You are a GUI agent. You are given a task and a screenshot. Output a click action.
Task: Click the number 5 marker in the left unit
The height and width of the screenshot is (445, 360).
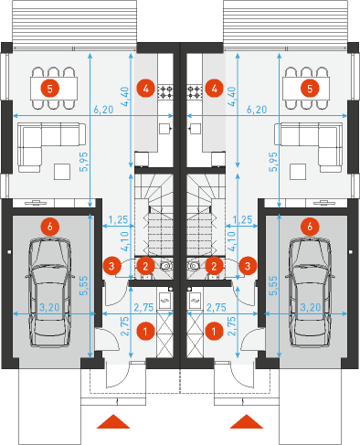click(x=50, y=89)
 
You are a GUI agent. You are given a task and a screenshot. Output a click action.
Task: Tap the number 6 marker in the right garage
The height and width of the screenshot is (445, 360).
click(x=310, y=227)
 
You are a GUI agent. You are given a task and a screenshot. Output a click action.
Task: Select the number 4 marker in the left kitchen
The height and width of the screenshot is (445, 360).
click(x=145, y=89)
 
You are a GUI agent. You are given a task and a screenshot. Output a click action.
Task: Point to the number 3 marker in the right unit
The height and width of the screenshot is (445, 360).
click(x=248, y=266)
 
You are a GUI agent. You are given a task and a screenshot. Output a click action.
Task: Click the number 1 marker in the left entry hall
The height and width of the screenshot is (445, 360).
click(x=145, y=331)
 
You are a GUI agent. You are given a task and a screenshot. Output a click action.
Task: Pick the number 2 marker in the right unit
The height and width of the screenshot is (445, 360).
click(x=214, y=266)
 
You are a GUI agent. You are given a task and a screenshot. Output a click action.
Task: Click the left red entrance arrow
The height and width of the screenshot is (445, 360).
click(x=113, y=421)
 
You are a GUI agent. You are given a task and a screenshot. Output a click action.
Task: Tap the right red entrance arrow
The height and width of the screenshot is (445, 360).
click(x=247, y=421)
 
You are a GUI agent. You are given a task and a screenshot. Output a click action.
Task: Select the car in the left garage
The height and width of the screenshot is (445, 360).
click(x=49, y=292)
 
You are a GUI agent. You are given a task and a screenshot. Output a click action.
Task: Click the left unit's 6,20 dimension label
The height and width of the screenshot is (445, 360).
click(x=103, y=110)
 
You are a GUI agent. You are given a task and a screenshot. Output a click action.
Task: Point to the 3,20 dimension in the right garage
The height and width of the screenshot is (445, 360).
click(x=311, y=307)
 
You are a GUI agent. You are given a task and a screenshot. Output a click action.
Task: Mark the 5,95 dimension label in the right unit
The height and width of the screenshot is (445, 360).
click(x=273, y=162)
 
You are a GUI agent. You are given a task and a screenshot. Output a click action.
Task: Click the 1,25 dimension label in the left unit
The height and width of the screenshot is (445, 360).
click(x=118, y=219)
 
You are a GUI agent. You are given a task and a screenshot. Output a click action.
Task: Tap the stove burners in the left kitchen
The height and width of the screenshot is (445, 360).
click(x=165, y=91)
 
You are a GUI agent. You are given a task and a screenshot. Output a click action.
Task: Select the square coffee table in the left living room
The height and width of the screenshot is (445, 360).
click(x=62, y=172)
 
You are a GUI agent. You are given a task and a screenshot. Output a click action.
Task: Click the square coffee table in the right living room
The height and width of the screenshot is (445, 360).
click(x=298, y=172)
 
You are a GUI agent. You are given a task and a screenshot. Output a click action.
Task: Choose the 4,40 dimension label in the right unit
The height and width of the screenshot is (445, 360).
click(x=231, y=97)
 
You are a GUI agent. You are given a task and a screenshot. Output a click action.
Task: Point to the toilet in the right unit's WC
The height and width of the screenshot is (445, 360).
click(x=194, y=266)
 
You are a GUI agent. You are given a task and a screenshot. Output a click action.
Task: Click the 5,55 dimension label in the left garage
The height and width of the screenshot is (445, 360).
click(x=83, y=285)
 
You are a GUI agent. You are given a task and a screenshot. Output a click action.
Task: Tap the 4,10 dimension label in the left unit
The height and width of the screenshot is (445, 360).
click(x=125, y=241)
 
